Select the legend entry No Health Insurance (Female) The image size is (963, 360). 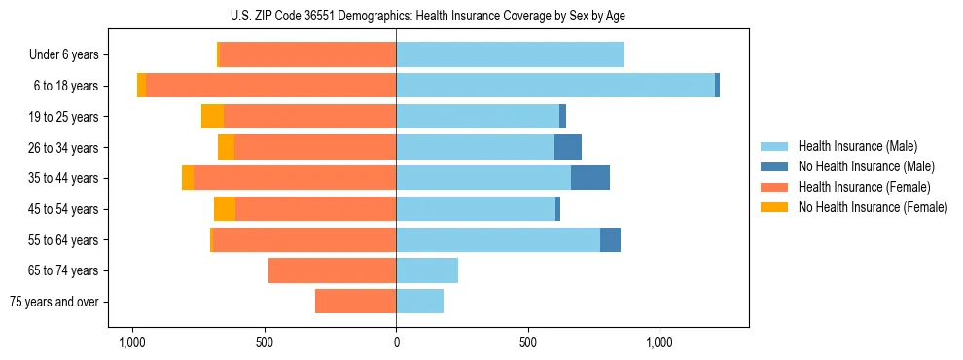pos(873,207)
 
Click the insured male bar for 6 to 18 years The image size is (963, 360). pos(554,86)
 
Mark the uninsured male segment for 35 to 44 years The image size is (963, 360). pos(590,178)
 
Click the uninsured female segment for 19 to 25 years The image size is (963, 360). pos(212,117)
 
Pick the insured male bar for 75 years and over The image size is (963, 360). pos(419,302)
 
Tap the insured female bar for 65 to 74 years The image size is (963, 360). pos(332,270)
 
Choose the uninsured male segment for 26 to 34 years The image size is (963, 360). pos(568,147)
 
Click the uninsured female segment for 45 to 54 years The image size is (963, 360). pos(225,209)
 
